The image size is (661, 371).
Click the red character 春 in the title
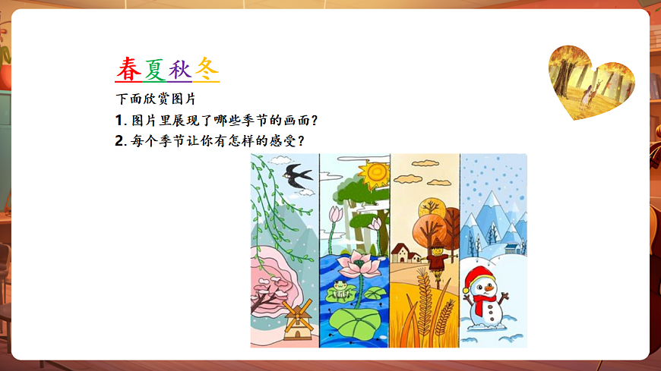click(x=128, y=69)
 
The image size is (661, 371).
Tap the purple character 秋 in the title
click(x=180, y=69)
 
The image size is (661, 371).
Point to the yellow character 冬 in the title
click(x=207, y=69)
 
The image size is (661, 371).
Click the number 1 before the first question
click(x=119, y=121)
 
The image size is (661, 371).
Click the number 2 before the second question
click(x=119, y=141)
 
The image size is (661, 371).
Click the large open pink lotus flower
click(x=354, y=267)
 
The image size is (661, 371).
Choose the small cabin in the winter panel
click(x=515, y=248)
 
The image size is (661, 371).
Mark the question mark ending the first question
click(x=312, y=121)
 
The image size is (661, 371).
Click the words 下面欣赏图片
click(x=156, y=99)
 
